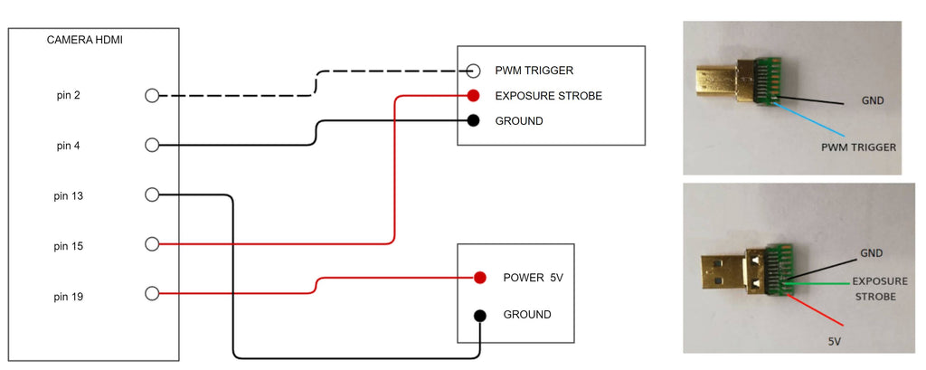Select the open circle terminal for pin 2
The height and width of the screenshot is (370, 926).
coord(152,95)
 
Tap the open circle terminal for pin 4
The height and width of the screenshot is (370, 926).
coord(152,145)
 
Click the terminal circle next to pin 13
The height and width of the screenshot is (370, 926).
coord(152,194)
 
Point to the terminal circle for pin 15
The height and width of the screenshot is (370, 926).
coord(152,244)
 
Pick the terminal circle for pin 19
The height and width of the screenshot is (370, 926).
coord(152,294)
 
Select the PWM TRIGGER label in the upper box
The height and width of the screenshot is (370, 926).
coord(534,71)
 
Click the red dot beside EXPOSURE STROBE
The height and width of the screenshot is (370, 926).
coord(473,95)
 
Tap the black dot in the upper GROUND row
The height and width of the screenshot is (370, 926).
coord(473,120)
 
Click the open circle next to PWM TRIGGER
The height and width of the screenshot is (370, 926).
coord(473,71)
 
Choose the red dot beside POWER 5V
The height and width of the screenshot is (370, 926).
coord(480,278)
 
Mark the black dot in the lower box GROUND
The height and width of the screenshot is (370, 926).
coord(480,315)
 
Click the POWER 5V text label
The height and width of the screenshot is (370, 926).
coord(533,278)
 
